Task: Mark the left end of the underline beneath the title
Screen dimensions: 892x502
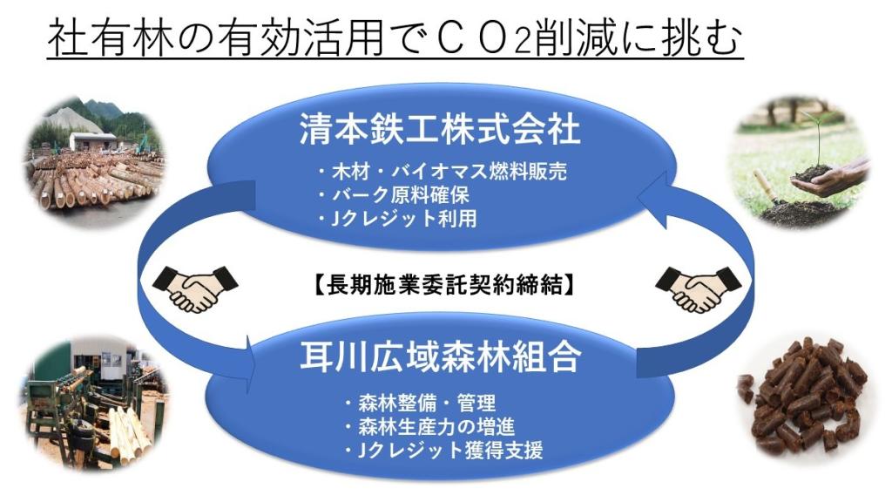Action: point(48,58)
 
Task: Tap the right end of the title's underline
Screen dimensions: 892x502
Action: point(744,58)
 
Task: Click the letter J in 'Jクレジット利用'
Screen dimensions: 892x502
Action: point(337,219)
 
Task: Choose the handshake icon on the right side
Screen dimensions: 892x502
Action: point(698,288)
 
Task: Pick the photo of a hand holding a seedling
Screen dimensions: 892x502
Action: point(800,163)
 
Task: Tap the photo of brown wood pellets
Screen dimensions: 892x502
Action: point(801,397)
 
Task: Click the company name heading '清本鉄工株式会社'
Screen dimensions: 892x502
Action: point(440,130)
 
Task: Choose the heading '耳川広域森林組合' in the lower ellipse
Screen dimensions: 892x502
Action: point(441,356)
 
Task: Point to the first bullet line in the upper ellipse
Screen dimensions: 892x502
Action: point(442,172)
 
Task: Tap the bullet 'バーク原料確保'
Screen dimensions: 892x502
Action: point(394,195)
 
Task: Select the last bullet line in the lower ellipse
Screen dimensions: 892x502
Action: point(443,451)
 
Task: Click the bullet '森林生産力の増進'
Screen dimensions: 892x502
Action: point(429,427)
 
